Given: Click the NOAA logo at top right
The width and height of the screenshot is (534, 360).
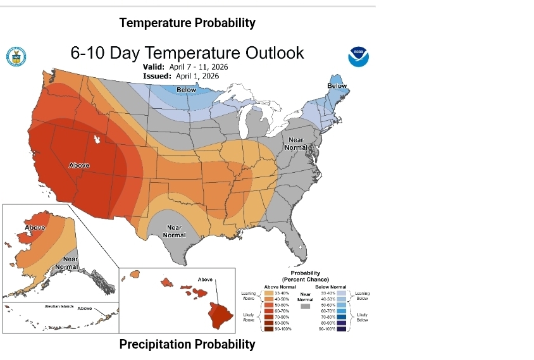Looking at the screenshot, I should [x=358, y=57].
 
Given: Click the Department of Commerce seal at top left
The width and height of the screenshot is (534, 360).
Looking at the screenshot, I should [x=16, y=56].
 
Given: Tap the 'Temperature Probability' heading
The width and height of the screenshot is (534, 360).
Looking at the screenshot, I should [x=187, y=23].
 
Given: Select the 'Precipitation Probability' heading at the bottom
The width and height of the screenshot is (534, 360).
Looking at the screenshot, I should [x=187, y=344].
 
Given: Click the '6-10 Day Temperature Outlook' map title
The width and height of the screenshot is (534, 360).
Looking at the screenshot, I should [x=187, y=53].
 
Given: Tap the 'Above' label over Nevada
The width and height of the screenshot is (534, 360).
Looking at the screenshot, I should [x=79, y=165].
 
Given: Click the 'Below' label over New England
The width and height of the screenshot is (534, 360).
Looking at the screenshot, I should [x=337, y=86].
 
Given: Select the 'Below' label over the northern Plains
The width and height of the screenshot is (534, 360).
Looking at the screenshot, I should [x=186, y=90].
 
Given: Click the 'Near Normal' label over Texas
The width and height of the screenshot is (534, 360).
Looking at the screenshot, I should [x=174, y=231].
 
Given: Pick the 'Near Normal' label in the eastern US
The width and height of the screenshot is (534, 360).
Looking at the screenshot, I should [x=297, y=143].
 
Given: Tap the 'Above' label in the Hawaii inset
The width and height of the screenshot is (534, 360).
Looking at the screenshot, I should [x=205, y=279].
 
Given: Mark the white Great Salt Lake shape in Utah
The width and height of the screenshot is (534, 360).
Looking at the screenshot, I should [x=97, y=139].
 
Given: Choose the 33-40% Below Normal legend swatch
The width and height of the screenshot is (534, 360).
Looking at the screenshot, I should [x=342, y=293].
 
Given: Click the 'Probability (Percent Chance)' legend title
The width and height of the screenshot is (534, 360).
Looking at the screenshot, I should [x=305, y=276].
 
